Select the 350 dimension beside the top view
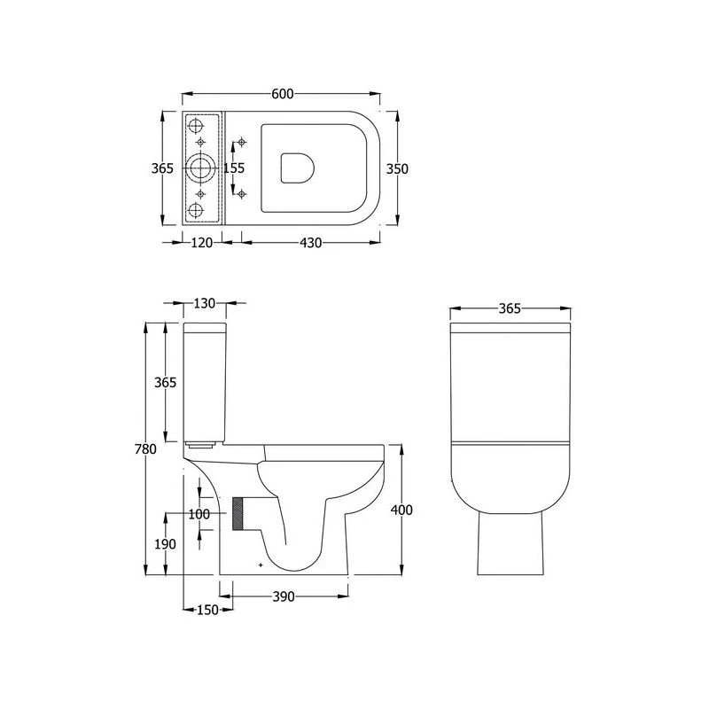(396, 168)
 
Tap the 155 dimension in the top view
(234, 168)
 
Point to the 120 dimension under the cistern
(201, 244)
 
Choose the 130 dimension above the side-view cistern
(205, 304)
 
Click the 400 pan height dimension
(401, 510)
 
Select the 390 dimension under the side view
(283, 598)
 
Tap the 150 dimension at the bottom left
(208, 610)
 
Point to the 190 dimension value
(165, 543)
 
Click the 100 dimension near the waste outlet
(199, 514)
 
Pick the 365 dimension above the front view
(510, 308)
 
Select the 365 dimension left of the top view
(161, 168)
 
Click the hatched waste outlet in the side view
(237, 514)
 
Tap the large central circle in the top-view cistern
(200, 167)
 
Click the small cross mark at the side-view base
(260, 564)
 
